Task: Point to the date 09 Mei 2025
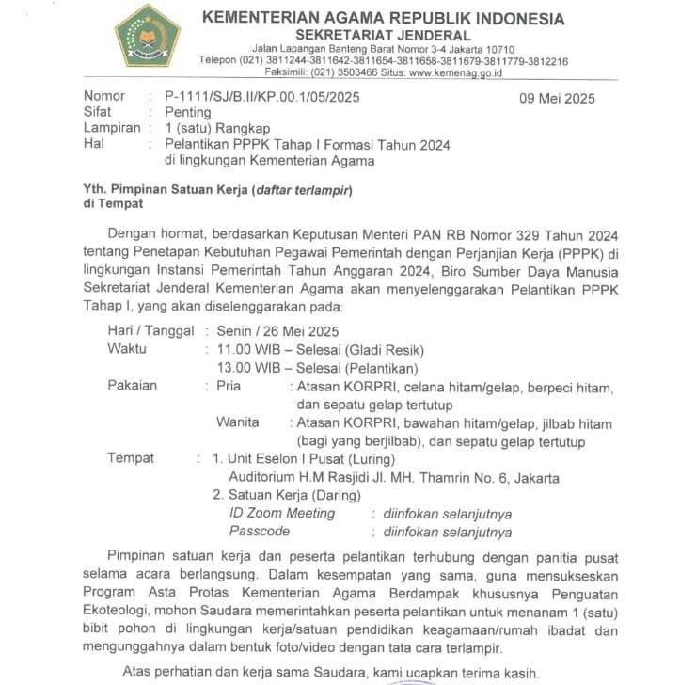pos(557,99)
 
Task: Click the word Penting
pos(188,112)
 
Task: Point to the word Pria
pos(228,386)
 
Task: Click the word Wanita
pos(237,422)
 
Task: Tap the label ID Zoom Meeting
pos(282,514)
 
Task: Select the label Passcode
pos(260,532)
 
